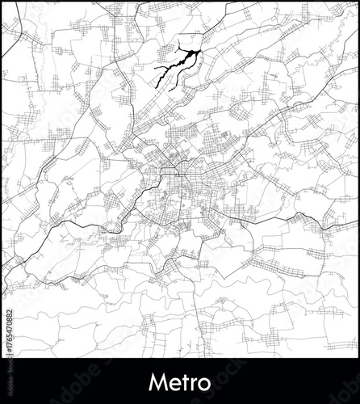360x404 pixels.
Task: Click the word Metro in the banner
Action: pos(180,380)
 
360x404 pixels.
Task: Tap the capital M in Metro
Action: pos(157,380)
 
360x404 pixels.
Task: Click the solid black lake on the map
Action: pos(174,68)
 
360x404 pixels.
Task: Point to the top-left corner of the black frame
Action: pos(2,2)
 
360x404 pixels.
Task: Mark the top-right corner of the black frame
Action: pos(358,2)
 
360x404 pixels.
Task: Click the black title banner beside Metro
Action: pos(81,380)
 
